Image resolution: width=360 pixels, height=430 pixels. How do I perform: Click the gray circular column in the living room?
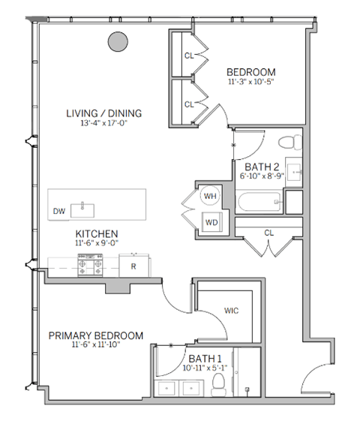[x=117, y=42]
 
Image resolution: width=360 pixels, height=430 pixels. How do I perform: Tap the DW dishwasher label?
[x=58, y=212]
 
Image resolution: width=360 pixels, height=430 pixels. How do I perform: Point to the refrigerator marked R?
[x=133, y=266]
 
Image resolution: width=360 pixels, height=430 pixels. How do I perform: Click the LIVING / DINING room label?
[x=103, y=114]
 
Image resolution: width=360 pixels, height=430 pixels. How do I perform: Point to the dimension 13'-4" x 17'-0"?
[x=103, y=125]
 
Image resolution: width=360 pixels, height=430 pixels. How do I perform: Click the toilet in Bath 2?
[x=289, y=143]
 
